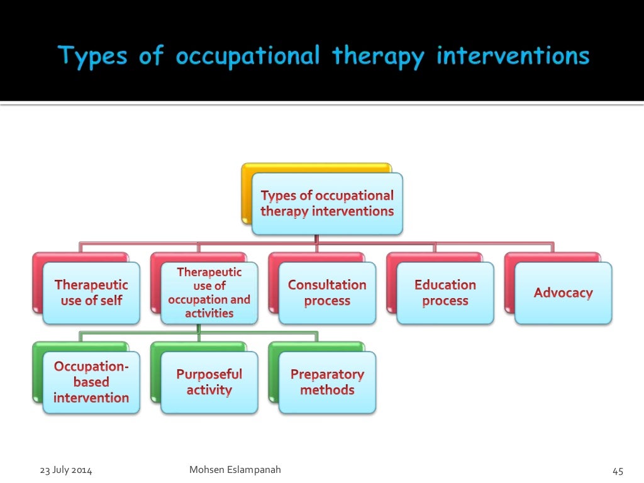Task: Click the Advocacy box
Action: [563, 293]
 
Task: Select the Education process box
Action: [445, 293]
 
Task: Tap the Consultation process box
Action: [327, 293]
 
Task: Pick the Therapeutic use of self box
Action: [91, 293]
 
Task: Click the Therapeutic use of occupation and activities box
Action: [209, 293]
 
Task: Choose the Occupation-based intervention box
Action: [91, 382]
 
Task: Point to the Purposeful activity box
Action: [209, 382]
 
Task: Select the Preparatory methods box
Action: [327, 382]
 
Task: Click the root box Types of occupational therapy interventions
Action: [327, 204]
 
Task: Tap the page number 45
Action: [617, 471]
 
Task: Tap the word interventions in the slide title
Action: [513, 57]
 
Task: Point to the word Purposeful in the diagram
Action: [209, 375]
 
